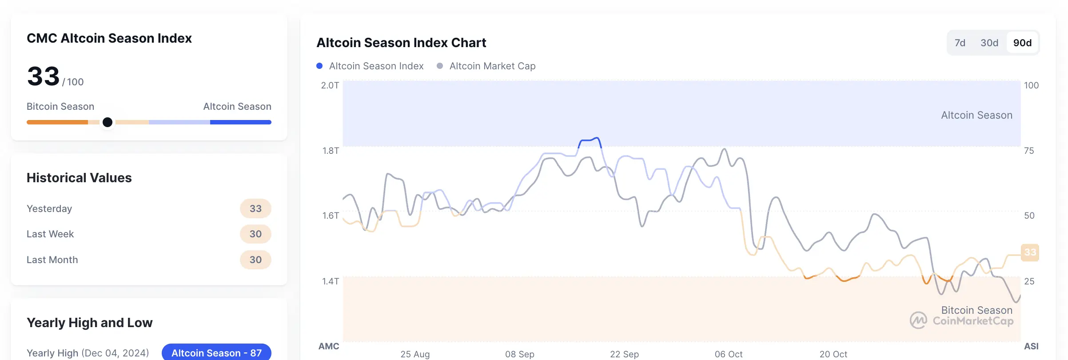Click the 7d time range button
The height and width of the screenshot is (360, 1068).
[x=960, y=43]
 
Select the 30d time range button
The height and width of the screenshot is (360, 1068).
[x=989, y=43]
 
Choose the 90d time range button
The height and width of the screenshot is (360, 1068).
[x=1022, y=43]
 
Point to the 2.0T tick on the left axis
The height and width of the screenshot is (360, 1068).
[x=330, y=85]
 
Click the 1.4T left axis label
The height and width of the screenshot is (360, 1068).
[x=331, y=281]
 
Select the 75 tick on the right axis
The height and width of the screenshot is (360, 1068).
[x=1029, y=151]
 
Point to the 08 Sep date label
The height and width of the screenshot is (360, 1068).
[x=519, y=354]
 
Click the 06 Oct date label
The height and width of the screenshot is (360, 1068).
[x=729, y=354]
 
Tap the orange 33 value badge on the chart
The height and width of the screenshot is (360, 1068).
[x=1030, y=252]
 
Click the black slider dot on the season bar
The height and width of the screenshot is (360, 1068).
[x=108, y=122]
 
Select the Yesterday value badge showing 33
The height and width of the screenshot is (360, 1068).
[x=255, y=209]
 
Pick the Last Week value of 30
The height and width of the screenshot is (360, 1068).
[x=255, y=234]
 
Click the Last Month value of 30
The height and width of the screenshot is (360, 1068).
[x=255, y=260]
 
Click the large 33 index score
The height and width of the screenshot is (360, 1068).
[x=43, y=76]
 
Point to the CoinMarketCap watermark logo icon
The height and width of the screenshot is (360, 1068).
[x=918, y=320]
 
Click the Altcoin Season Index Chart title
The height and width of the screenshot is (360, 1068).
[x=401, y=43]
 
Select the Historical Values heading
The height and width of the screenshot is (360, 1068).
[x=79, y=178]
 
